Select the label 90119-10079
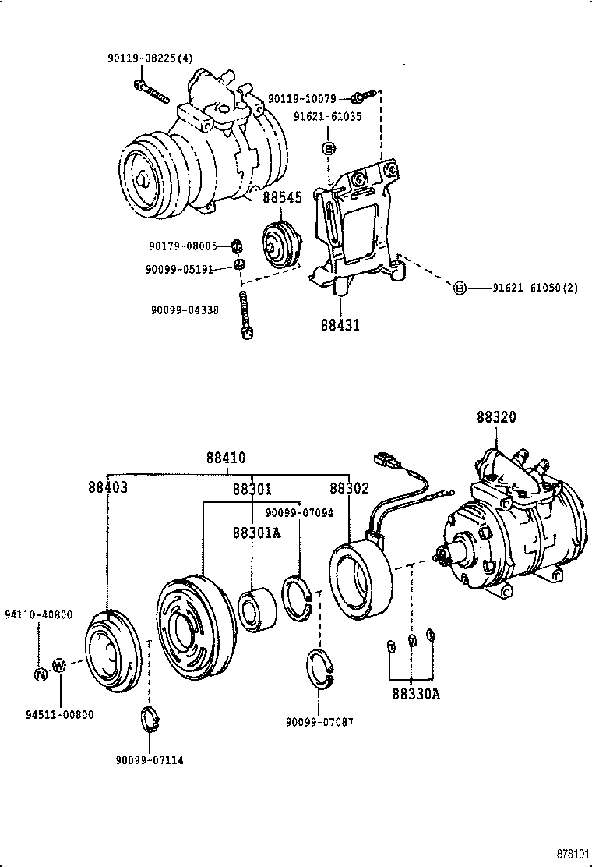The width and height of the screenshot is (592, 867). pyautogui.click(x=302, y=99)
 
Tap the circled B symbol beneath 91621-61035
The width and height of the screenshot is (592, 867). pyautogui.click(x=329, y=148)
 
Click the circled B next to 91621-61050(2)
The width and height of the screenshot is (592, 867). pyautogui.click(x=460, y=288)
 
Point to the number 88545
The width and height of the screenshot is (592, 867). pyautogui.click(x=281, y=198)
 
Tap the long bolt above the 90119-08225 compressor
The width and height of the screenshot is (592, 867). pyautogui.click(x=151, y=91)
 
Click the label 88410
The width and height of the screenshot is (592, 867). pyautogui.click(x=226, y=458)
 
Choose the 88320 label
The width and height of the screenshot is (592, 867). pyautogui.click(x=496, y=417)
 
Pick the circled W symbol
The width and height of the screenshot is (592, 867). pyautogui.click(x=59, y=666)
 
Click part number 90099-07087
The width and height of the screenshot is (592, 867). pyautogui.click(x=320, y=722)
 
